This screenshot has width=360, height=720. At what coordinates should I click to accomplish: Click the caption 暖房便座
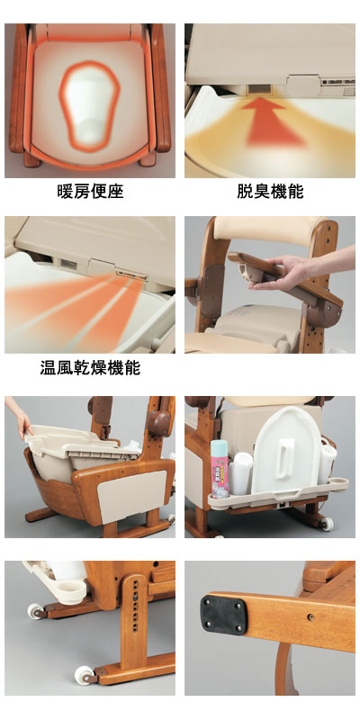89,192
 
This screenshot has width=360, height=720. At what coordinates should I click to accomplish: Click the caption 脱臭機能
269,192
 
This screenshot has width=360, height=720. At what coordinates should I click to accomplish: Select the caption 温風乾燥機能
90,368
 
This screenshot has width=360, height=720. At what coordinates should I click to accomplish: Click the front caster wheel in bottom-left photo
83,674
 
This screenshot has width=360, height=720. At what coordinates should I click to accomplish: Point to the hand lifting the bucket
20,417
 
